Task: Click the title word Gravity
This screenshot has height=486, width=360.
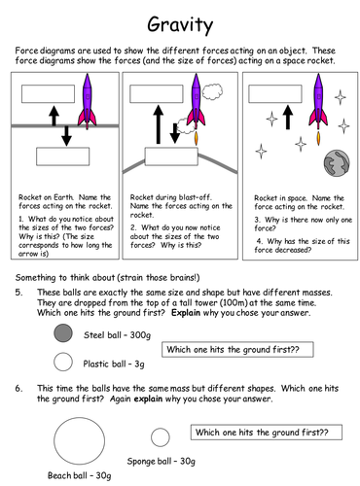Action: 181,21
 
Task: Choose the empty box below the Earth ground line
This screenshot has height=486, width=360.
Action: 60,156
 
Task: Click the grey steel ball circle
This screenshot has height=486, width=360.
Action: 63,333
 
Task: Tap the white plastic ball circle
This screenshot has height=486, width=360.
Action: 63,363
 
